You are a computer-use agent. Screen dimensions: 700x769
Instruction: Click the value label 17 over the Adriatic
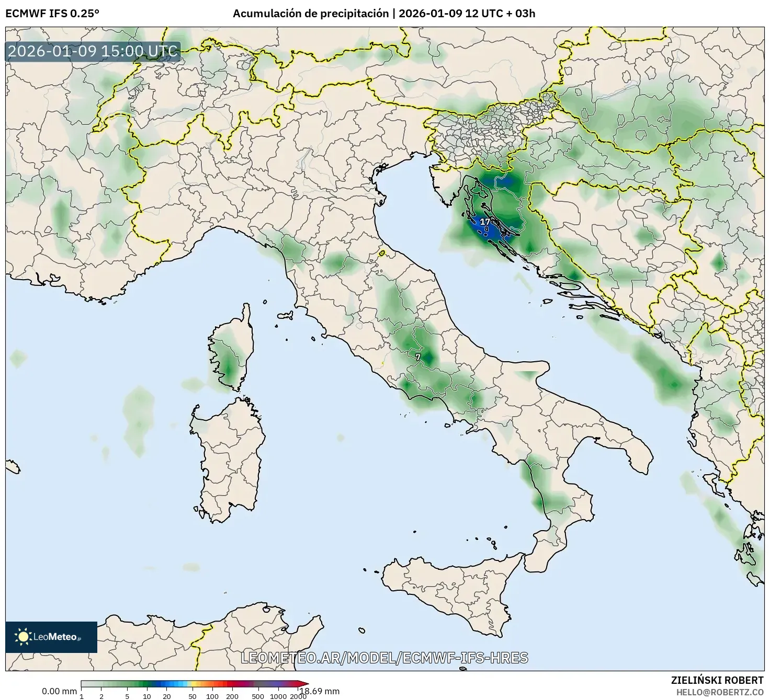point(485,222)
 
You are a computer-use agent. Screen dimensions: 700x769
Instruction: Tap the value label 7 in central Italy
point(417,357)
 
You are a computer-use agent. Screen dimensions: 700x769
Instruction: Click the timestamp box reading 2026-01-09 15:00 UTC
point(93,52)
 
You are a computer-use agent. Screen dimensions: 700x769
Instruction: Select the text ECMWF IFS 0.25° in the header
point(52,14)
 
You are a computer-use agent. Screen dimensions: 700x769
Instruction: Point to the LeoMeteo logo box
point(51,637)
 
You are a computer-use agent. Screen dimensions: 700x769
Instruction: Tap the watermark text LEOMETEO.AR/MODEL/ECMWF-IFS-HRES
point(384,658)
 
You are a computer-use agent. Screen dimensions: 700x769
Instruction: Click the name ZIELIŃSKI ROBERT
point(717,680)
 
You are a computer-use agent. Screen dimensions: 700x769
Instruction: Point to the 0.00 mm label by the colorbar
point(59,691)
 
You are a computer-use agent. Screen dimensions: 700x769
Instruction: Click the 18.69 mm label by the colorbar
point(319,691)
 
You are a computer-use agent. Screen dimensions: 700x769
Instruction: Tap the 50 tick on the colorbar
point(193,696)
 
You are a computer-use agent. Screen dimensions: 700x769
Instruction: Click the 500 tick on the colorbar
point(258,696)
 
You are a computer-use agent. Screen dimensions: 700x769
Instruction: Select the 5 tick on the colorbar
point(127,696)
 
